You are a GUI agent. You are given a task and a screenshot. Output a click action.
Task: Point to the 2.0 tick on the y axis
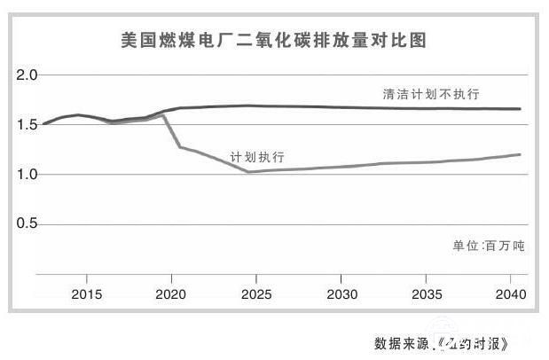[x=27, y=75]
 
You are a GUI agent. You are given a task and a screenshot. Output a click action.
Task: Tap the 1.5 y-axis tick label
[x=27, y=125]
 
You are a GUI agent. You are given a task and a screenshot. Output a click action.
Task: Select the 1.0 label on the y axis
[x=27, y=175]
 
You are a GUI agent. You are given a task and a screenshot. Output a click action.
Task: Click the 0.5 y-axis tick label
[x=27, y=224]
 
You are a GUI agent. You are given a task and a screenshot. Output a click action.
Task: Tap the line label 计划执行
[x=256, y=157]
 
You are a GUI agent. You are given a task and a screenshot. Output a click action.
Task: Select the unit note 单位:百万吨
[x=488, y=246]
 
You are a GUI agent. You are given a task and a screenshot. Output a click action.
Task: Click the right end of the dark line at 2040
[x=520, y=109]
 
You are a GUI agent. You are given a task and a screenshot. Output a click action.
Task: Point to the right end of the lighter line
[x=520, y=154]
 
